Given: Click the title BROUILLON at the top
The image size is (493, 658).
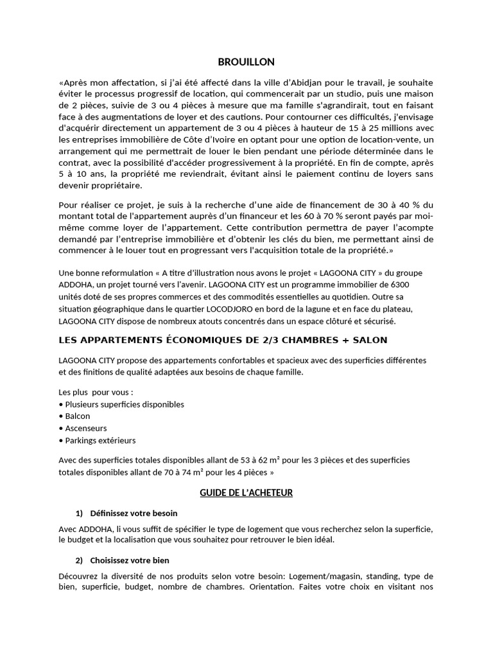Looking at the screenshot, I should tap(246, 62).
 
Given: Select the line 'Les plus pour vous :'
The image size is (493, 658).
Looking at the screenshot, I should tap(96, 391).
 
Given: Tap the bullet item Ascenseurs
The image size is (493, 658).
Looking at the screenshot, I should tap(85, 428).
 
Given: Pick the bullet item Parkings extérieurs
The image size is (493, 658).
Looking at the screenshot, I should tap(99, 440).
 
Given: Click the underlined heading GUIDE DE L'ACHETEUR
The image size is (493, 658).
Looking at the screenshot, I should tap(246, 492).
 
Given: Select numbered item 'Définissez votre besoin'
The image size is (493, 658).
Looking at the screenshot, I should tap(134, 513).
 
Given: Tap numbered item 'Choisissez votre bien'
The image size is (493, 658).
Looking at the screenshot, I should tap(130, 560).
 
